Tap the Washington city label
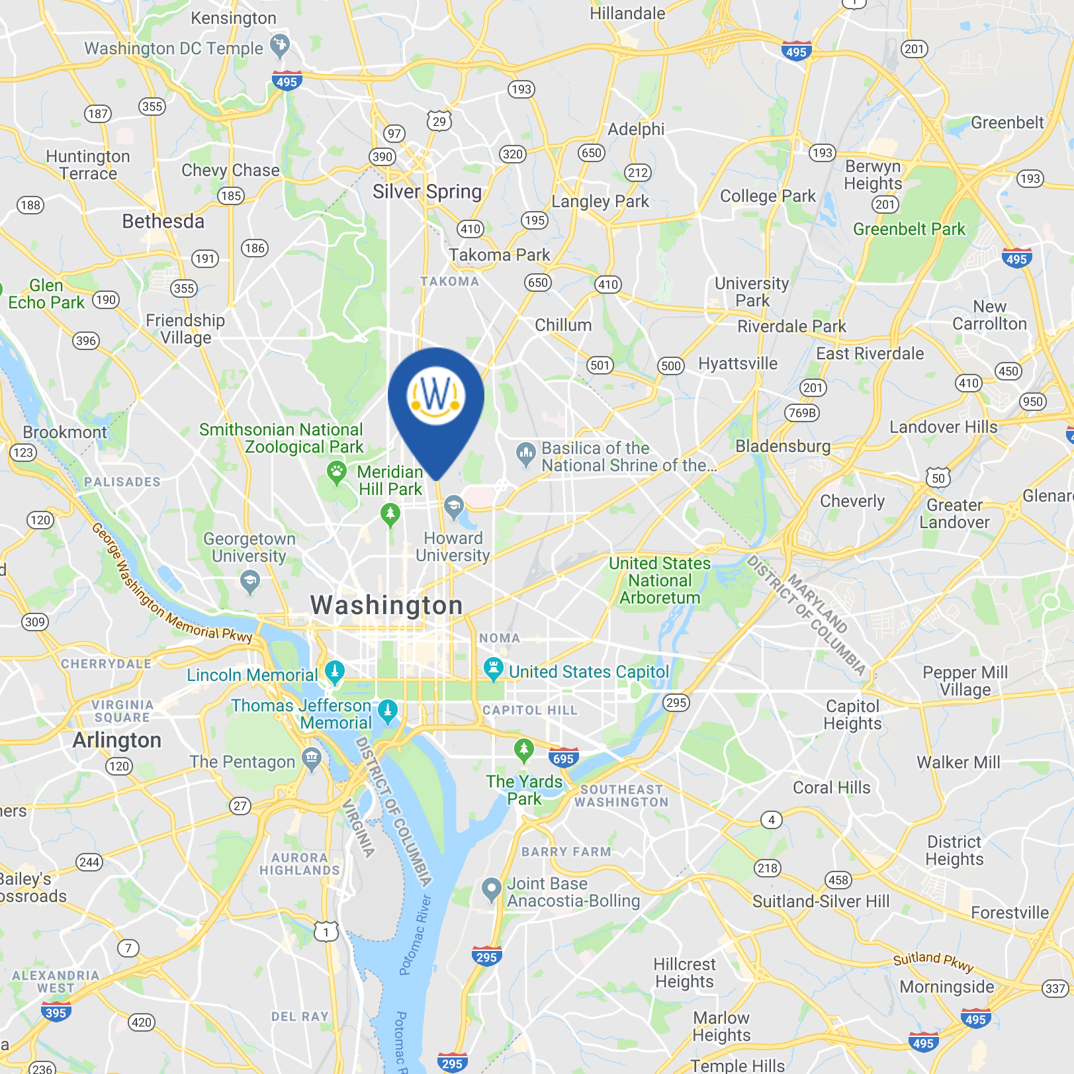[x=386, y=605]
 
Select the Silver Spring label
[x=427, y=192]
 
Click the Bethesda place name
[x=163, y=221]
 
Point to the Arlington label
[x=116, y=740]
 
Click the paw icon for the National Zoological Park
[x=337, y=472]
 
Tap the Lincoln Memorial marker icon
[x=335, y=672]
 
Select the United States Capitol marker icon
[x=493, y=668]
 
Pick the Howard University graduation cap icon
[x=453, y=507]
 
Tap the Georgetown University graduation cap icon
[x=249, y=582]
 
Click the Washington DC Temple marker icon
[x=280, y=45]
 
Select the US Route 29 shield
[x=439, y=121]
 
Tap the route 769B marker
[x=802, y=413]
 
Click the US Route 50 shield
[x=938, y=477]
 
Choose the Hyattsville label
[x=738, y=363]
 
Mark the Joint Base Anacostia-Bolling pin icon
[x=491, y=889]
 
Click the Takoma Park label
[x=500, y=255]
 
